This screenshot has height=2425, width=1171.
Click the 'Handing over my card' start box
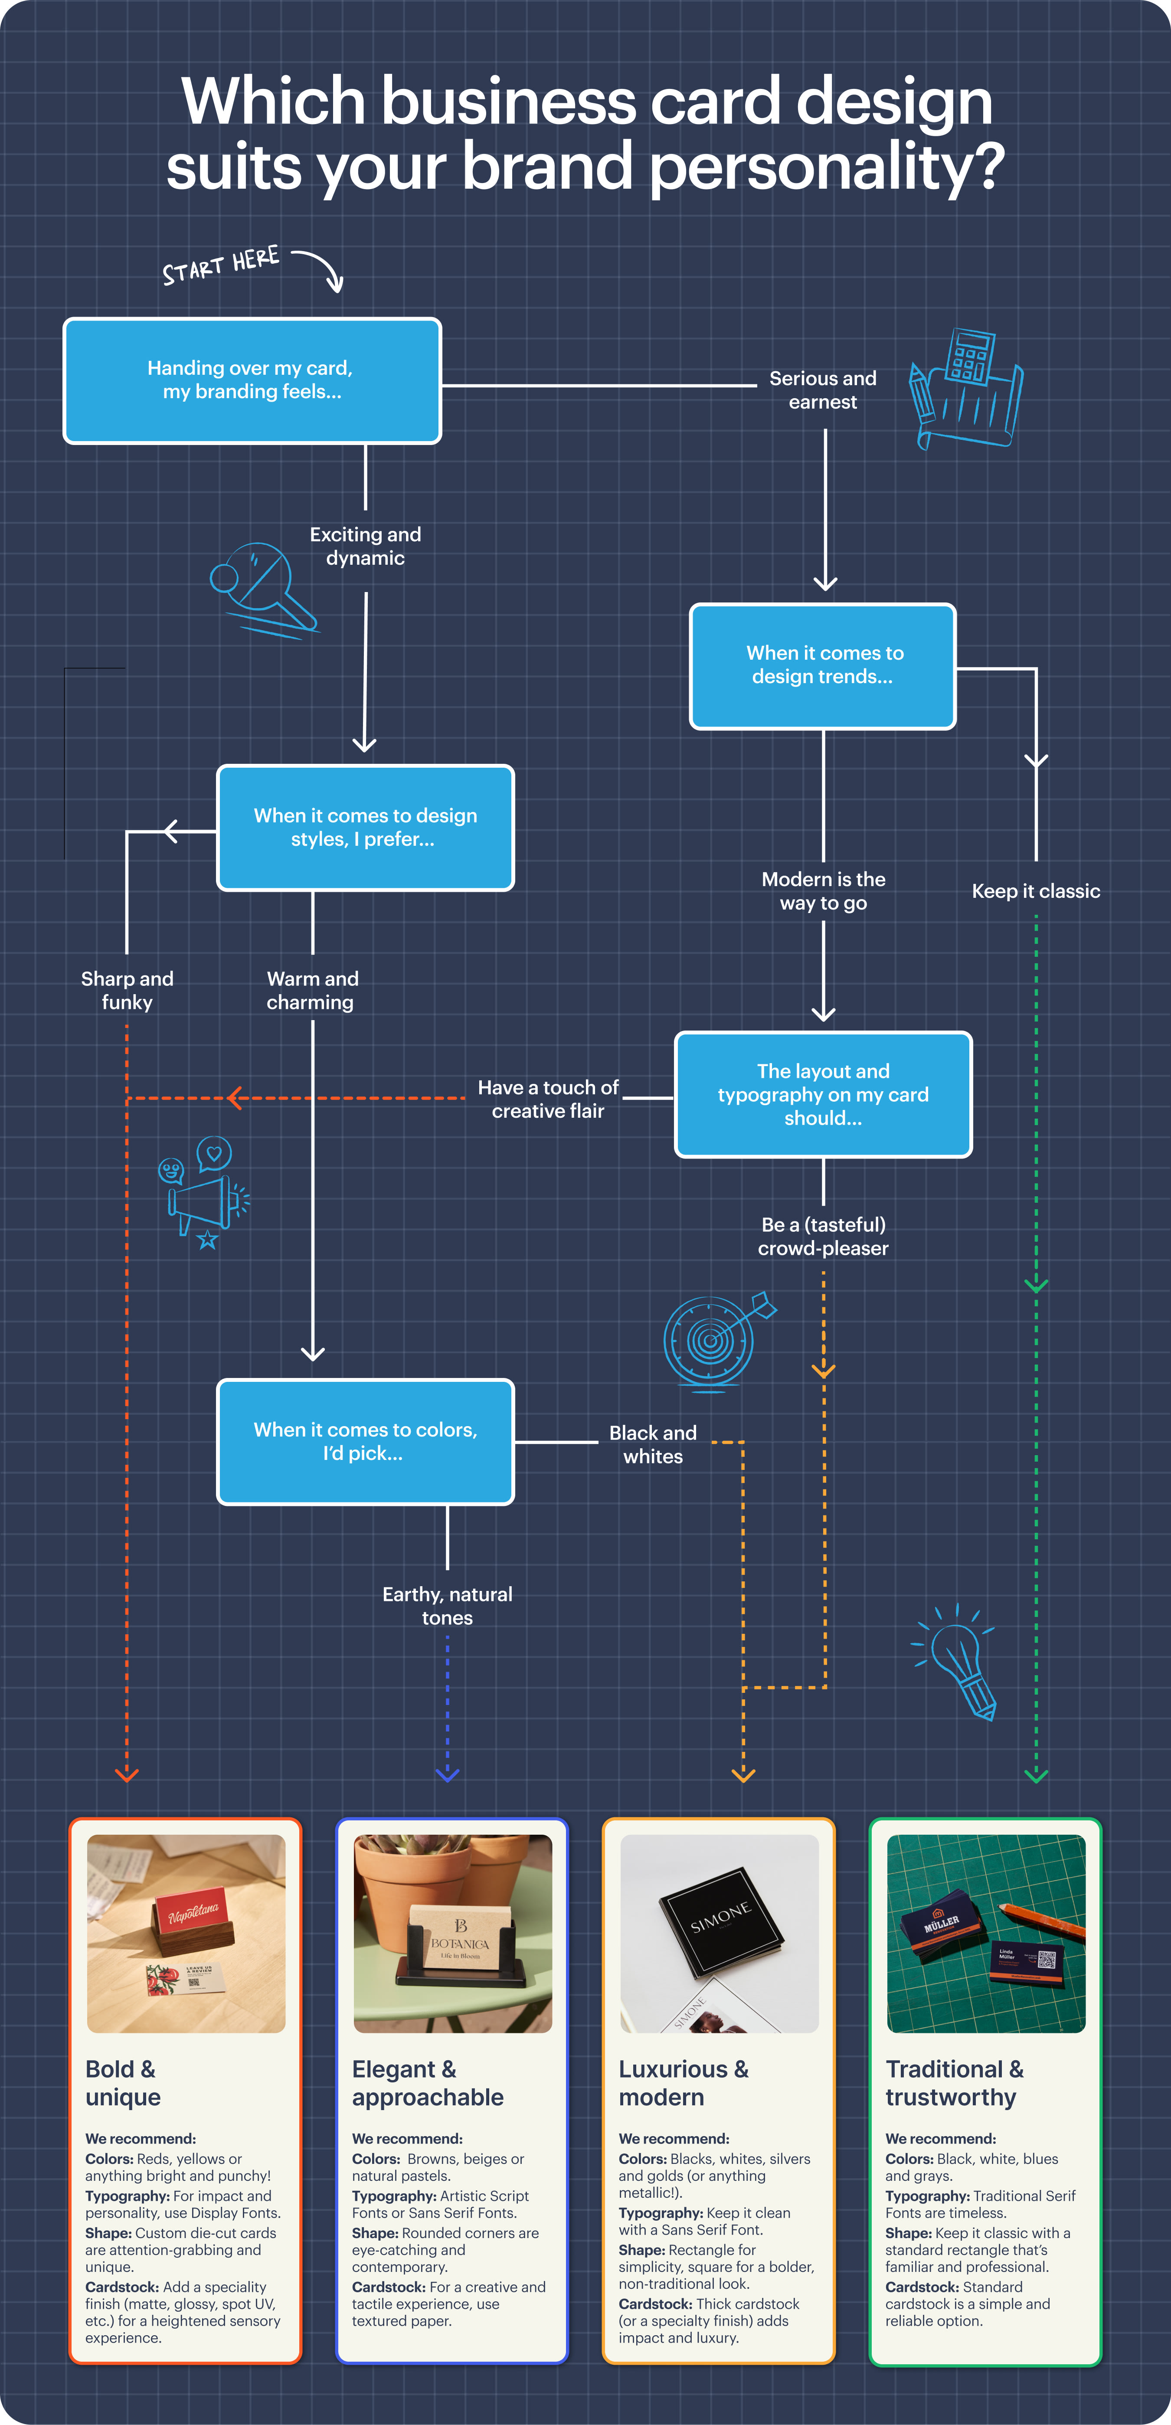point(252,380)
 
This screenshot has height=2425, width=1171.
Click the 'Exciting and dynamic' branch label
point(365,546)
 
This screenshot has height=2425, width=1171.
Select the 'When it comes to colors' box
point(365,1441)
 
